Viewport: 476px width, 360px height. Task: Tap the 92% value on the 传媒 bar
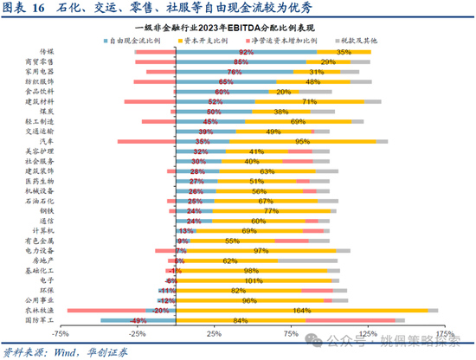coord(247,52)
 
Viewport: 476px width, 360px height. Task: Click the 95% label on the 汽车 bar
coord(303,140)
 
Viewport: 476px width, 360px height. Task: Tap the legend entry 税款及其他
coord(357,41)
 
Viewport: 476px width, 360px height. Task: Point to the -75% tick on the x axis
coord(60,333)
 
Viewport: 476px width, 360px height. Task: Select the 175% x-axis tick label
coord(445,333)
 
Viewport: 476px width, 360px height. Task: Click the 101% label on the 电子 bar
coord(254,280)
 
